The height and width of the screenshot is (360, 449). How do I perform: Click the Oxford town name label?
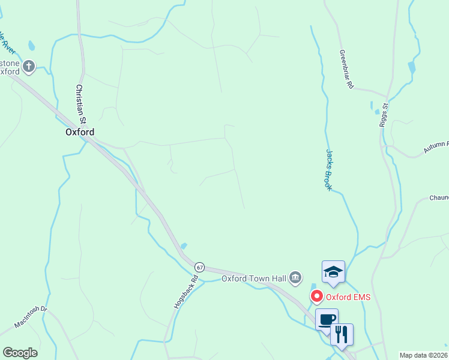click(x=80, y=132)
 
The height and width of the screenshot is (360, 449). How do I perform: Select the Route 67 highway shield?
click(x=200, y=266)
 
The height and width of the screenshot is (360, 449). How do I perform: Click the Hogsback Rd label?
click(x=178, y=292)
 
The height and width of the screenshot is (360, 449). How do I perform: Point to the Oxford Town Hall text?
click(x=255, y=278)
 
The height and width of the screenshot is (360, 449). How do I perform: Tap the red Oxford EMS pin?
click(x=316, y=296)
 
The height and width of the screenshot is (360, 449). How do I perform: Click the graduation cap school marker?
click(x=333, y=271)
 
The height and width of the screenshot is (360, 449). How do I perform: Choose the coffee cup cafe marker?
click(x=327, y=319)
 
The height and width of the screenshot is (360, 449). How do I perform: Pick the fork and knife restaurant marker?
click(x=342, y=334)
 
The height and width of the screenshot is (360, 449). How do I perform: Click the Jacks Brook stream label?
click(x=329, y=170)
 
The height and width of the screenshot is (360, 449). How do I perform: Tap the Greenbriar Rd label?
click(x=346, y=70)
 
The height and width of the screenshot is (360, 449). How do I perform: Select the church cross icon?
click(x=29, y=66)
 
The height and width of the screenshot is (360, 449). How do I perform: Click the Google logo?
click(x=20, y=353)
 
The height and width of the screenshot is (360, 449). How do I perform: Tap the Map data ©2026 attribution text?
click(x=424, y=355)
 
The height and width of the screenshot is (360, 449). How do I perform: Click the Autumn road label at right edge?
click(x=436, y=146)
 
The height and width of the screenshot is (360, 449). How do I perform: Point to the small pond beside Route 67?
click(x=183, y=245)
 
